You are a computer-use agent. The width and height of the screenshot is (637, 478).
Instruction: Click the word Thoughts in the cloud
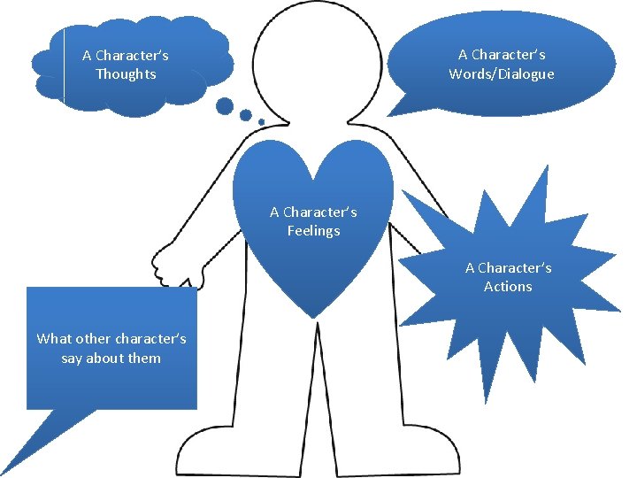point(126,74)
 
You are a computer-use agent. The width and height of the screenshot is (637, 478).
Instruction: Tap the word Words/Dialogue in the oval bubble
point(501,74)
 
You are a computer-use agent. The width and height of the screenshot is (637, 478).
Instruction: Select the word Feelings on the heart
point(313,231)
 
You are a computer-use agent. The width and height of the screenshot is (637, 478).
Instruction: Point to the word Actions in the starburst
point(508,287)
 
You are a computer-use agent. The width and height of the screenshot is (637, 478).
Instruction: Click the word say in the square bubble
point(73,358)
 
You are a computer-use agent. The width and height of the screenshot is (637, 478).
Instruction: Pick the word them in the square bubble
point(144,358)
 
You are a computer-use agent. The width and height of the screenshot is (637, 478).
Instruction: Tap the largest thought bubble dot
point(225,107)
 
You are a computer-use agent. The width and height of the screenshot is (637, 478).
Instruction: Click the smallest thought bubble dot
point(261,122)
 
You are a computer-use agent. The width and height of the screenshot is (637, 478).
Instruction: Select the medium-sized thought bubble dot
point(245,115)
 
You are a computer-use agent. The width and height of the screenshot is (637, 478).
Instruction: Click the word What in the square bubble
point(52,339)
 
